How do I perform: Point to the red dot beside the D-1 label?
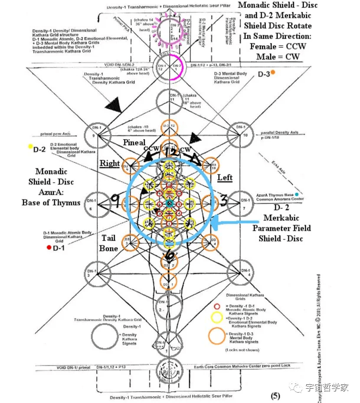pyautogui.click(x=49, y=248)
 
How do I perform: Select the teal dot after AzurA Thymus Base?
pyautogui.click(x=297, y=195)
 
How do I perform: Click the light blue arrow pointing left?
pyautogui.click(x=234, y=223)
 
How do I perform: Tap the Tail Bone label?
pyautogui.click(x=109, y=243)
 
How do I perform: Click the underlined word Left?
pyautogui.click(x=224, y=177)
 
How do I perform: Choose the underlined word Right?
pyautogui.click(x=110, y=163)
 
